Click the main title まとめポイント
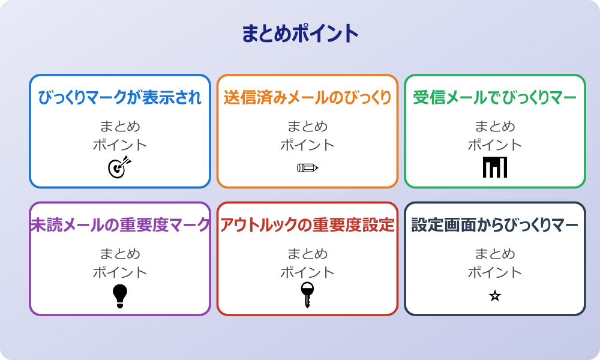(x=300, y=34)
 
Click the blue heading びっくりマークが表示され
(x=120, y=98)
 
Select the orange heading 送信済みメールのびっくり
(x=307, y=98)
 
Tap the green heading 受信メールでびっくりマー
(x=494, y=98)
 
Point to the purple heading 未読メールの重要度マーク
(x=120, y=225)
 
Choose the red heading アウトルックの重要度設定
(x=307, y=225)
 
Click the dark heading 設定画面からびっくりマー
(x=494, y=225)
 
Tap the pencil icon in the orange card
(x=307, y=167)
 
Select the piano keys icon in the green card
(x=495, y=167)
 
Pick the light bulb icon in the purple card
(x=120, y=296)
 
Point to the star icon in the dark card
(x=495, y=296)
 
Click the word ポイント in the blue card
(x=120, y=145)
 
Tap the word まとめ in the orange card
(x=307, y=127)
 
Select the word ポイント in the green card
(x=495, y=145)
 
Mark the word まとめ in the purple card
(x=120, y=254)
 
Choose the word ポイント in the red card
(x=307, y=272)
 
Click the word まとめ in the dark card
(x=495, y=254)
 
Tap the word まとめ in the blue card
(x=120, y=127)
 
